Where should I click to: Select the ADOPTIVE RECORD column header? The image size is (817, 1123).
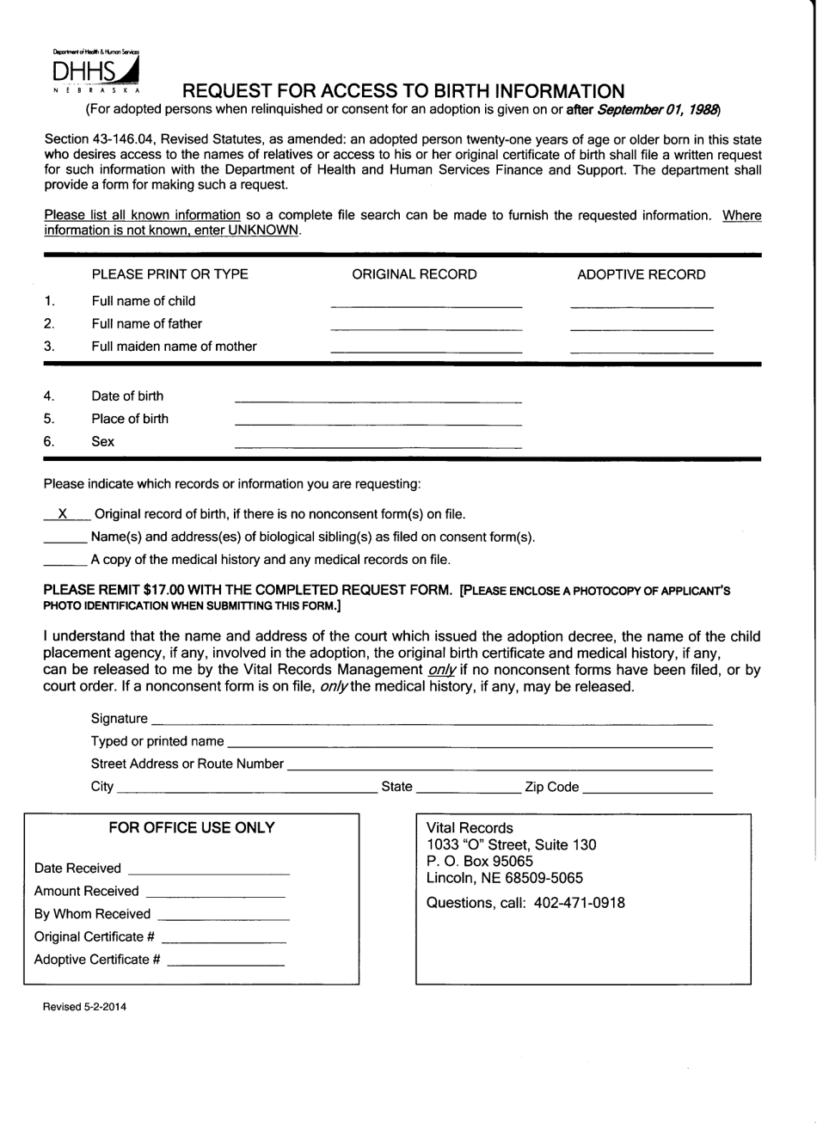pyautogui.click(x=641, y=274)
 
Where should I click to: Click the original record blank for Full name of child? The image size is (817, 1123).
pyautogui.click(x=426, y=304)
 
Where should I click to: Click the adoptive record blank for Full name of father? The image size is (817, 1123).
pyautogui.click(x=641, y=327)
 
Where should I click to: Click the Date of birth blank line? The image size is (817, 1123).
pyautogui.click(x=378, y=399)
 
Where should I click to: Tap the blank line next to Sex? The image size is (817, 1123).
pyautogui.click(x=378, y=445)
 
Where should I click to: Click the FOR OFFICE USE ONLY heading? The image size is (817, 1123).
pyautogui.click(x=192, y=828)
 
